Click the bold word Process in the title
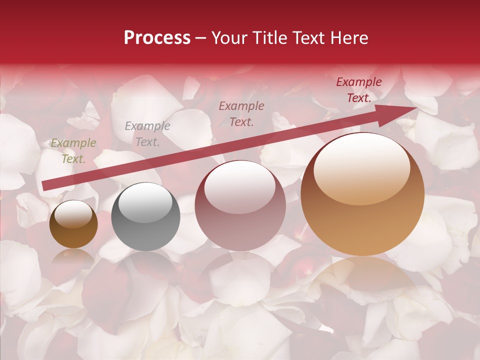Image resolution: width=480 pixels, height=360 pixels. (157, 38)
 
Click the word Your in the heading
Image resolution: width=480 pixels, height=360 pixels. (229, 38)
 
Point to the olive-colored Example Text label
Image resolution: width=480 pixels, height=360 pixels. (73, 151)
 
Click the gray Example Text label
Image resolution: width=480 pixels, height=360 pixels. (147, 134)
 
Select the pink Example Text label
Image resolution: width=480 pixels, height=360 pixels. (241, 113)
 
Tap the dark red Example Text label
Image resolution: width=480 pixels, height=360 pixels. (358, 90)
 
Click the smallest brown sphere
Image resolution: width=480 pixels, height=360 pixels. (73, 225)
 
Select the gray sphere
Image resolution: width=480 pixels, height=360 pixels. (145, 217)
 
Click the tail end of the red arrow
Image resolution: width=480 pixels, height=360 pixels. (44, 186)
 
